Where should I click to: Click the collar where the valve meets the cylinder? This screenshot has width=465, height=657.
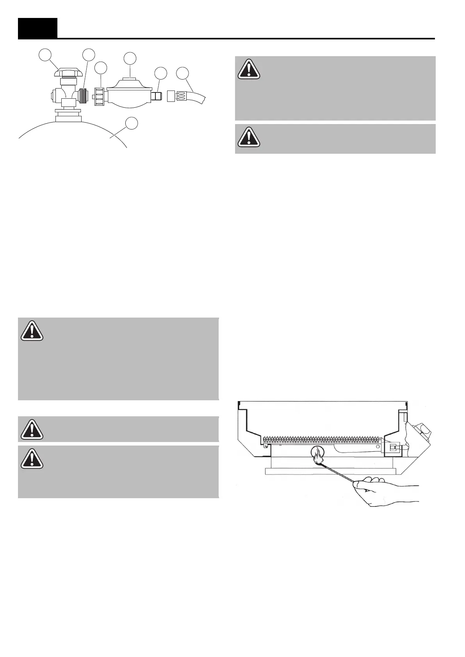tap(69, 116)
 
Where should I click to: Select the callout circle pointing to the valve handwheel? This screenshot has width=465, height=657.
tap(46, 55)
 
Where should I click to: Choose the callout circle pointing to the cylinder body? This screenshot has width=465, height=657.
tap(132, 123)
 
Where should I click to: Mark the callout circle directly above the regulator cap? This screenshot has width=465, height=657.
tap(130, 58)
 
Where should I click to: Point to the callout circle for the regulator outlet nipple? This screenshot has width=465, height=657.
tap(160, 73)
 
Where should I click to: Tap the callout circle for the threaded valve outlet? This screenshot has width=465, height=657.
tap(89, 55)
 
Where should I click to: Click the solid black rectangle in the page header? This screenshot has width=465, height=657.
tap(37, 28)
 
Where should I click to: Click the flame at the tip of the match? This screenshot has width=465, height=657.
tap(319, 455)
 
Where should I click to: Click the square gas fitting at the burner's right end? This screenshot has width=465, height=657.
tap(391, 447)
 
